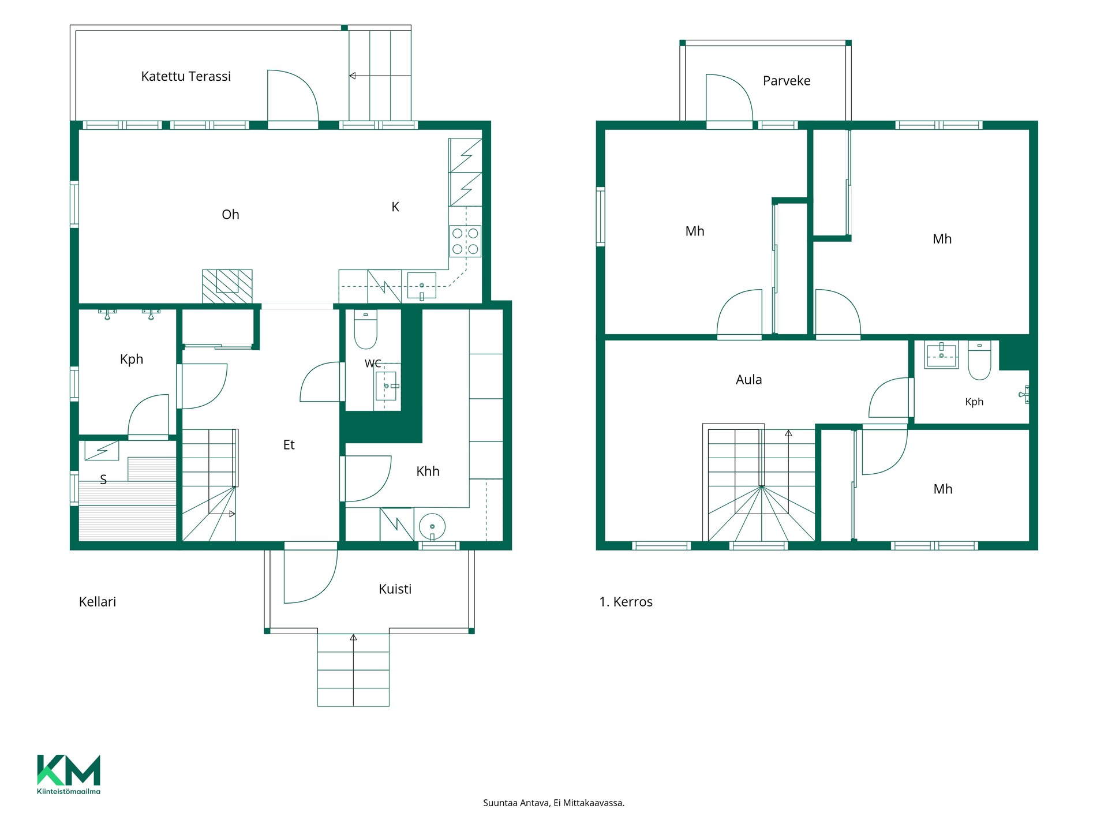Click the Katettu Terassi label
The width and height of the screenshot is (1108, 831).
pos(186,76)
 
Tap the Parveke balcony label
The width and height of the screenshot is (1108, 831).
pos(787,81)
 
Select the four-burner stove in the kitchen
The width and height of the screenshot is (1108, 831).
pos(465,241)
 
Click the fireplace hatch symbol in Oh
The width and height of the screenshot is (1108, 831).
pos(227,286)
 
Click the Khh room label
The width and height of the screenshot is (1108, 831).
pos(428,471)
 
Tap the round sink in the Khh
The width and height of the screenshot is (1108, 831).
pos(432,526)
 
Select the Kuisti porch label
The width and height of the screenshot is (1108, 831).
pos(395,589)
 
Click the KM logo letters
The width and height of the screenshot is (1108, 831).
pos(69,770)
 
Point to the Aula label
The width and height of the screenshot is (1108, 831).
pos(749,380)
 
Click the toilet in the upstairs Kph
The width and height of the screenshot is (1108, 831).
pos(979,360)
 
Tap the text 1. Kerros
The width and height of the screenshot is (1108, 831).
pos(626,602)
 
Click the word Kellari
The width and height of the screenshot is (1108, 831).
pos(98,602)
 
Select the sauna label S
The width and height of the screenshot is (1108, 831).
pos(103,480)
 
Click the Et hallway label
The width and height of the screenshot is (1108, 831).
pos(289,445)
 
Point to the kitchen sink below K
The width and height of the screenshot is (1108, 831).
pos(422,286)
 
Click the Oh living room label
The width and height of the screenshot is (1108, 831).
pos(230,215)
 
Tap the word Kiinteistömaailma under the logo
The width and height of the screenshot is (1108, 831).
pos(69,791)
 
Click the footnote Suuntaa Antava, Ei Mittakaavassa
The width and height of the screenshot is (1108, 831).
pos(554,803)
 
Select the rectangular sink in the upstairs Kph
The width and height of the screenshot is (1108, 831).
pos(941,354)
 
